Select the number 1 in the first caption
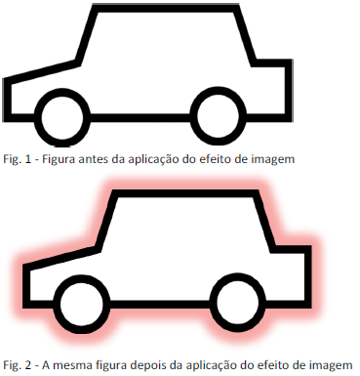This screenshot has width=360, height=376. [27, 159]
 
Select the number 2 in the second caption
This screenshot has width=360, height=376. [28, 365]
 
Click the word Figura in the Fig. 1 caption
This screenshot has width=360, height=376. [60, 160]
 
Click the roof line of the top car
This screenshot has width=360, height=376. [166, 8]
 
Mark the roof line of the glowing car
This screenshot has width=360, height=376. [185, 193]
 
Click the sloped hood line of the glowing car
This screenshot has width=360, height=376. [61, 259]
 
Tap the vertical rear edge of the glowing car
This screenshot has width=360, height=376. [308, 276]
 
